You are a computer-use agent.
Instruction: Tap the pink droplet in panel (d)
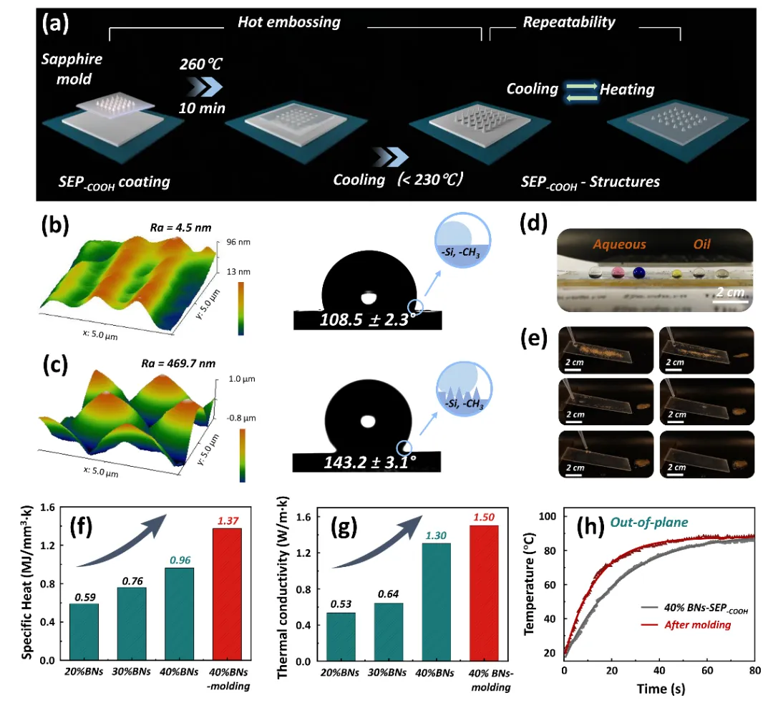(x=616, y=272)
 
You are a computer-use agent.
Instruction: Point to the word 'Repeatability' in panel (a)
(x=569, y=22)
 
